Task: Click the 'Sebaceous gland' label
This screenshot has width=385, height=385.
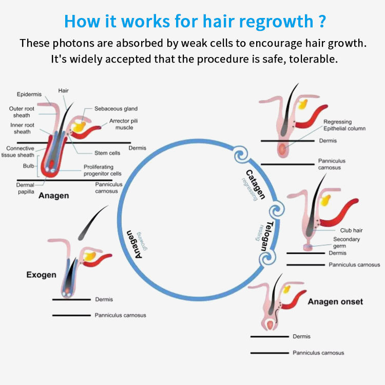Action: pos(115,109)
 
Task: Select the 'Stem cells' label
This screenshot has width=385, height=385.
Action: pos(107,153)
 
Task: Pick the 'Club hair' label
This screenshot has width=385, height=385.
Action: pos(351,230)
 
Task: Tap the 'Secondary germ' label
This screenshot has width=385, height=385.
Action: pos(346,243)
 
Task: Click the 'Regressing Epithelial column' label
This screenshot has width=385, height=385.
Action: pos(344,125)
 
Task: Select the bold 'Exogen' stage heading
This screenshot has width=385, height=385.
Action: pos(41,275)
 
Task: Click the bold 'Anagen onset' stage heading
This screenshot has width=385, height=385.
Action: pos(335,301)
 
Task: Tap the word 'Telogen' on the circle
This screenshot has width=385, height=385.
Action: pos(266,236)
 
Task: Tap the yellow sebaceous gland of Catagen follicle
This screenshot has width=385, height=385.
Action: pos(303,104)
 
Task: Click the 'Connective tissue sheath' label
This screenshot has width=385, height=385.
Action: pos(21,151)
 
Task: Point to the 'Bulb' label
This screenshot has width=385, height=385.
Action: pos(29,166)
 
